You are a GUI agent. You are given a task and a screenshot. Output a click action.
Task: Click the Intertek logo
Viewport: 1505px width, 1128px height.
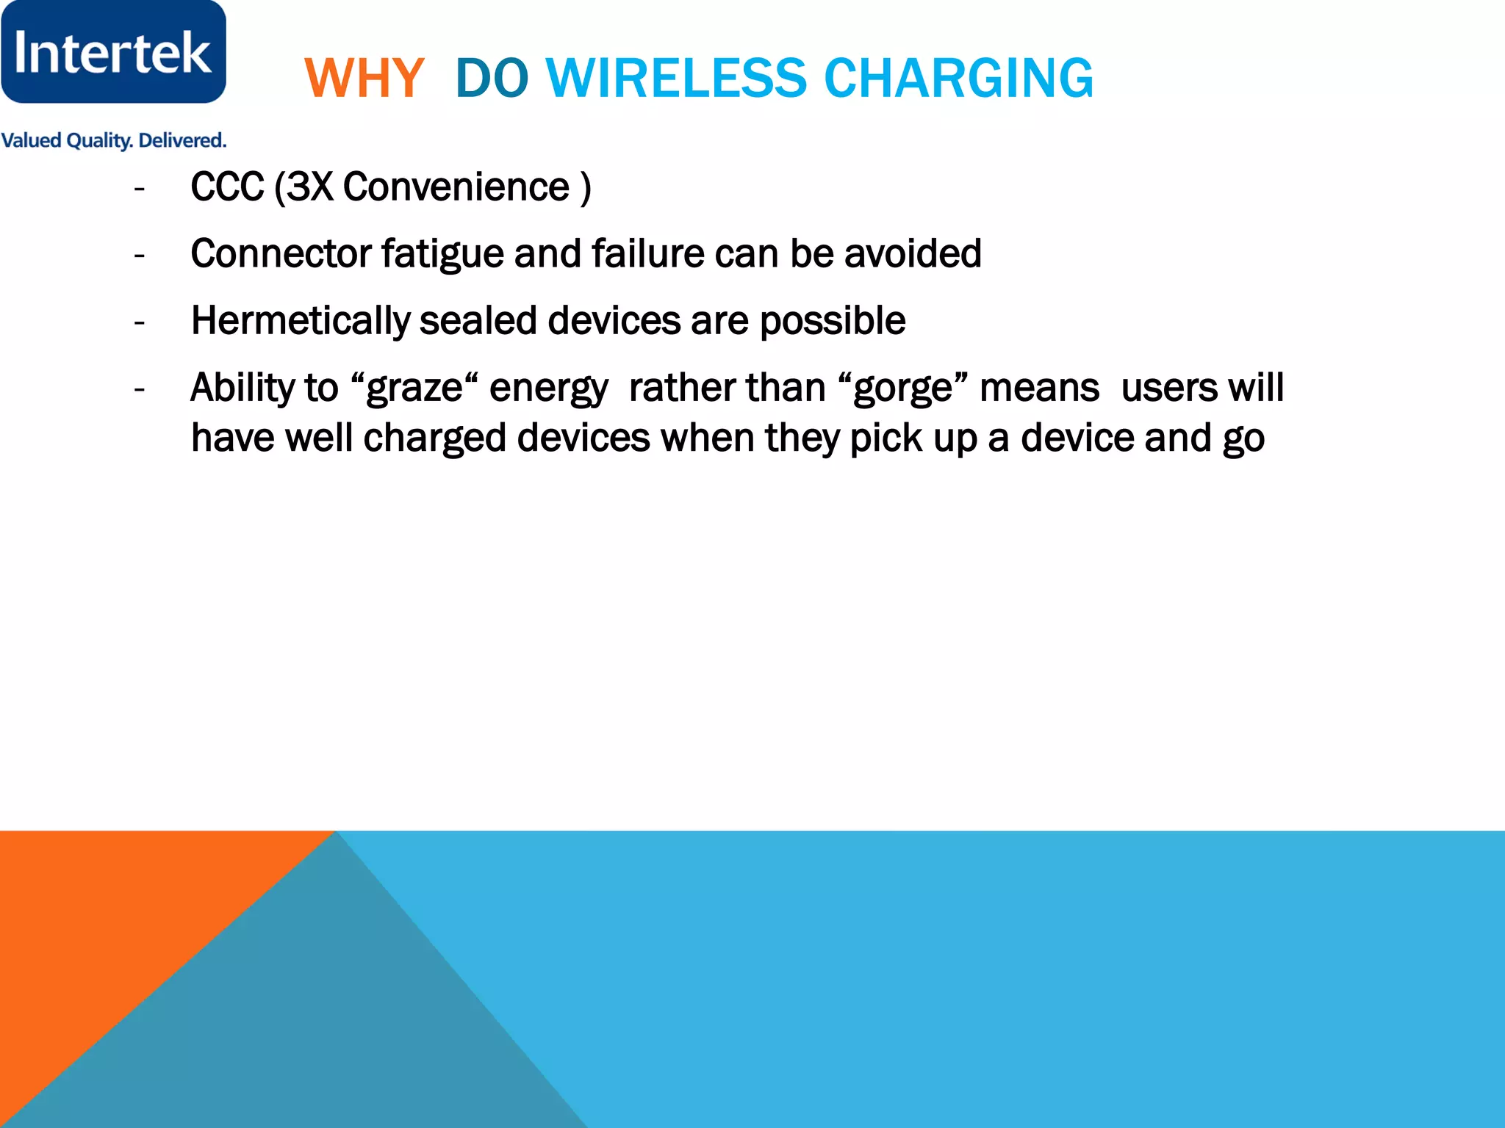113,52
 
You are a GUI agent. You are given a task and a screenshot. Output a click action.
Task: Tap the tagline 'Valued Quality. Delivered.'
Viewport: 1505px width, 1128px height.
113,140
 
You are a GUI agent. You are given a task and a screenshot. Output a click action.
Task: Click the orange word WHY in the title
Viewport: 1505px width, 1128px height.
364,79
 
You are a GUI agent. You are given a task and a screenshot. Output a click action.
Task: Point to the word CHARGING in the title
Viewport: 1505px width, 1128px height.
958,79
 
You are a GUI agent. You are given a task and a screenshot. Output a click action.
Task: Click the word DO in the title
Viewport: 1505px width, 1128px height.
492,79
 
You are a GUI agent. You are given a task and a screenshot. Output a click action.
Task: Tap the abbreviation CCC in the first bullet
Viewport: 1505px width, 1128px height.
227,187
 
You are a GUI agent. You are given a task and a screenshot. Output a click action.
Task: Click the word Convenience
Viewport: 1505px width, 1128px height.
456,187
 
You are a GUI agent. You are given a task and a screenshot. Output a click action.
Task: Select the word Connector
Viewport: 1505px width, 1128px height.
280,254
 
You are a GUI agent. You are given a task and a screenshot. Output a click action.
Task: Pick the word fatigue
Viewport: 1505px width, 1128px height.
442,254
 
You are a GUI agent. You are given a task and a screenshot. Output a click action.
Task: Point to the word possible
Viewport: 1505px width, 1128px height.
832,321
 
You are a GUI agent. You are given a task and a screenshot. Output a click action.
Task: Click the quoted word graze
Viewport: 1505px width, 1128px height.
414,388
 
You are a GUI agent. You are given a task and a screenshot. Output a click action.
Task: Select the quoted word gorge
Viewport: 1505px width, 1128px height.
902,388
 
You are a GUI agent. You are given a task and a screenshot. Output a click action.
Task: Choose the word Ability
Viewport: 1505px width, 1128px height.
241,388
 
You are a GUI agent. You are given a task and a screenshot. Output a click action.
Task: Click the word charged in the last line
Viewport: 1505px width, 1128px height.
434,438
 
